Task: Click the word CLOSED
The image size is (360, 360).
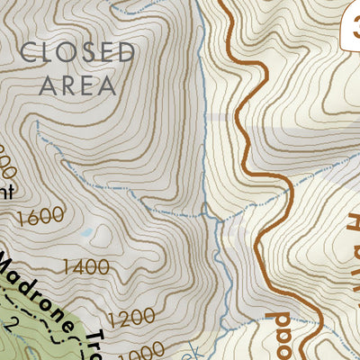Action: [x=76, y=51]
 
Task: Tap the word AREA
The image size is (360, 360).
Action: [x=76, y=85]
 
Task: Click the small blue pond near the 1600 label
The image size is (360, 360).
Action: [x=85, y=232]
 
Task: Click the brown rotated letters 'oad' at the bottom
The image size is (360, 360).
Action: [x=276, y=333]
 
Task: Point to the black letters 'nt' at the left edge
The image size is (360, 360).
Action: [x=7, y=190]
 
